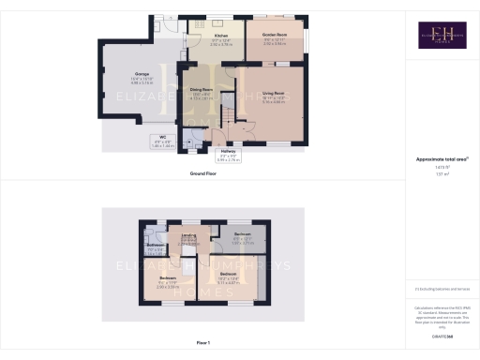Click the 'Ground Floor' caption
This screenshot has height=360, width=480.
click(x=203, y=173)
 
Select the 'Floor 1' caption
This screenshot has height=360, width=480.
click(x=203, y=344)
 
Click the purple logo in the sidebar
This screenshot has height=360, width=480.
click(x=442, y=37)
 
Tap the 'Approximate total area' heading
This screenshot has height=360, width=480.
click(x=442, y=160)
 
